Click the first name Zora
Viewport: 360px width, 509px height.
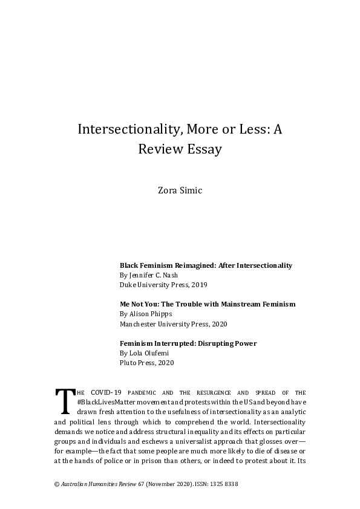168,191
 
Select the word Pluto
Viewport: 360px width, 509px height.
128,363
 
